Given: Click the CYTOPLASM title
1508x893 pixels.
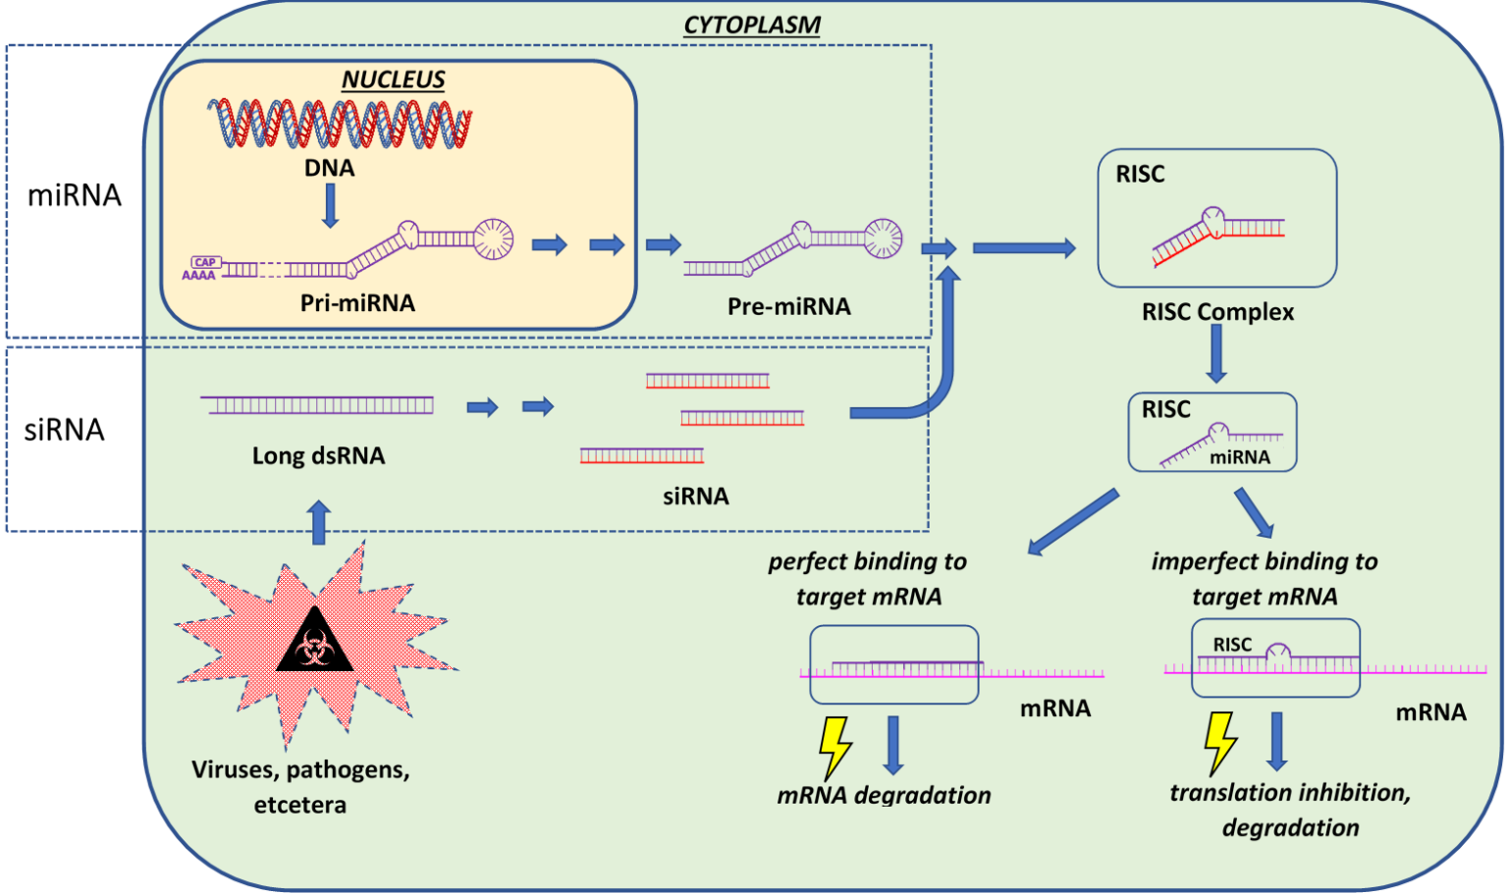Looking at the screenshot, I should [x=752, y=25].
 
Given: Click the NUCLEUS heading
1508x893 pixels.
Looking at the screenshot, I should [x=393, y=79].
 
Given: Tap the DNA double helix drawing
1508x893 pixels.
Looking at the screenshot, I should [x=340, y=124].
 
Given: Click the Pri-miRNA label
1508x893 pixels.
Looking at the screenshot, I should [x=357, y=303].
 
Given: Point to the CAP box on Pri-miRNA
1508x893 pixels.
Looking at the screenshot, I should [x=205, y=262].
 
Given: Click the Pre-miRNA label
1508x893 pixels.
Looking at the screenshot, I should [x=788, y=307].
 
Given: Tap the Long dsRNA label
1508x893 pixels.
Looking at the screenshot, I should [x=318, y=455].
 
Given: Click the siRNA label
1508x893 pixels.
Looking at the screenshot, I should [x=695, y=497].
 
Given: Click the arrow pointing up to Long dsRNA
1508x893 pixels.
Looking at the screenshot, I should [x=318, y=522].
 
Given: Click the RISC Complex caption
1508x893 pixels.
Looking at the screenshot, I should [x=1217, y=312].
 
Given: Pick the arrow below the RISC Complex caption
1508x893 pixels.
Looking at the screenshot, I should [x=1216, y=353].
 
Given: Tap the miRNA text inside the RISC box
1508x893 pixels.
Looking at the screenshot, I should [x=1239, y=457].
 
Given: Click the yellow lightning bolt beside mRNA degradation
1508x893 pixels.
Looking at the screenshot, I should [x=835, y=747].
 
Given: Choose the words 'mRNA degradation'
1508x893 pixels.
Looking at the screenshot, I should [x=884, y=795].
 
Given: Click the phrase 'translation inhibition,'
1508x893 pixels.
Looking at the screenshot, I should [x=1289, y=793].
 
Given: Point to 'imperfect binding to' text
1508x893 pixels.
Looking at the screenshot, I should [x=1264, y=561].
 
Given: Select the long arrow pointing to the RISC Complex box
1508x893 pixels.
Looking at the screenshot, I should [x=1023, y=248].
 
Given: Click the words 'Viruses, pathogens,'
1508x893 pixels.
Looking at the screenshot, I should [x=300, y=769].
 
